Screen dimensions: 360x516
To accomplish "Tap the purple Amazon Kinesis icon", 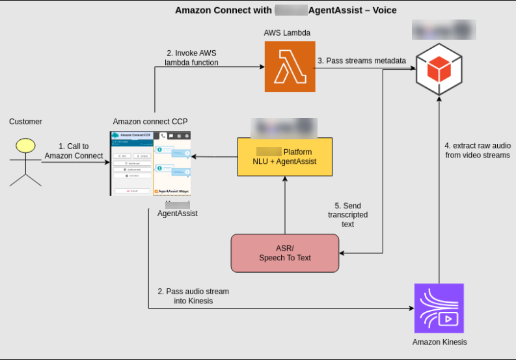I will tap(439, 308).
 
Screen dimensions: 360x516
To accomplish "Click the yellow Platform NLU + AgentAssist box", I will tap(284, 157).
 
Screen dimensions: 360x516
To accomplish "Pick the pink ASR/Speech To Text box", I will tap(285, 253).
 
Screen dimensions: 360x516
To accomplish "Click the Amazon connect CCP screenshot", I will tap(150, 163).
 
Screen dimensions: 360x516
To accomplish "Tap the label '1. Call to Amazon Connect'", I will tap(74, 151).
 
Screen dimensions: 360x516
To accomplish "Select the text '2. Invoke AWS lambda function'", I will tap(191, 58).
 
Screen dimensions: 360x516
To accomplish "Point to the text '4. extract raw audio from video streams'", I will tap(477, 150).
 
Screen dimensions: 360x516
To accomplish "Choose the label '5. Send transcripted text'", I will tap(347, 215).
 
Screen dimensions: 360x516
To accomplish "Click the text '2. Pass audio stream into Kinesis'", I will tap(193, 296).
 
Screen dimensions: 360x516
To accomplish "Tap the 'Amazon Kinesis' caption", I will tap(439, 342).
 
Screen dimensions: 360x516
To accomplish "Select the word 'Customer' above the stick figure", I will tap(25, 122).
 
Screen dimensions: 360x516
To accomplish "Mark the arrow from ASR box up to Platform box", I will tap(285, 205).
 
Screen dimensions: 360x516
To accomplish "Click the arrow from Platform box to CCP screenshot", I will tap(213, 157).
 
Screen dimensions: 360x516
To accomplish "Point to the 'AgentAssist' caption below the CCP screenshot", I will tap(178, 214).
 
